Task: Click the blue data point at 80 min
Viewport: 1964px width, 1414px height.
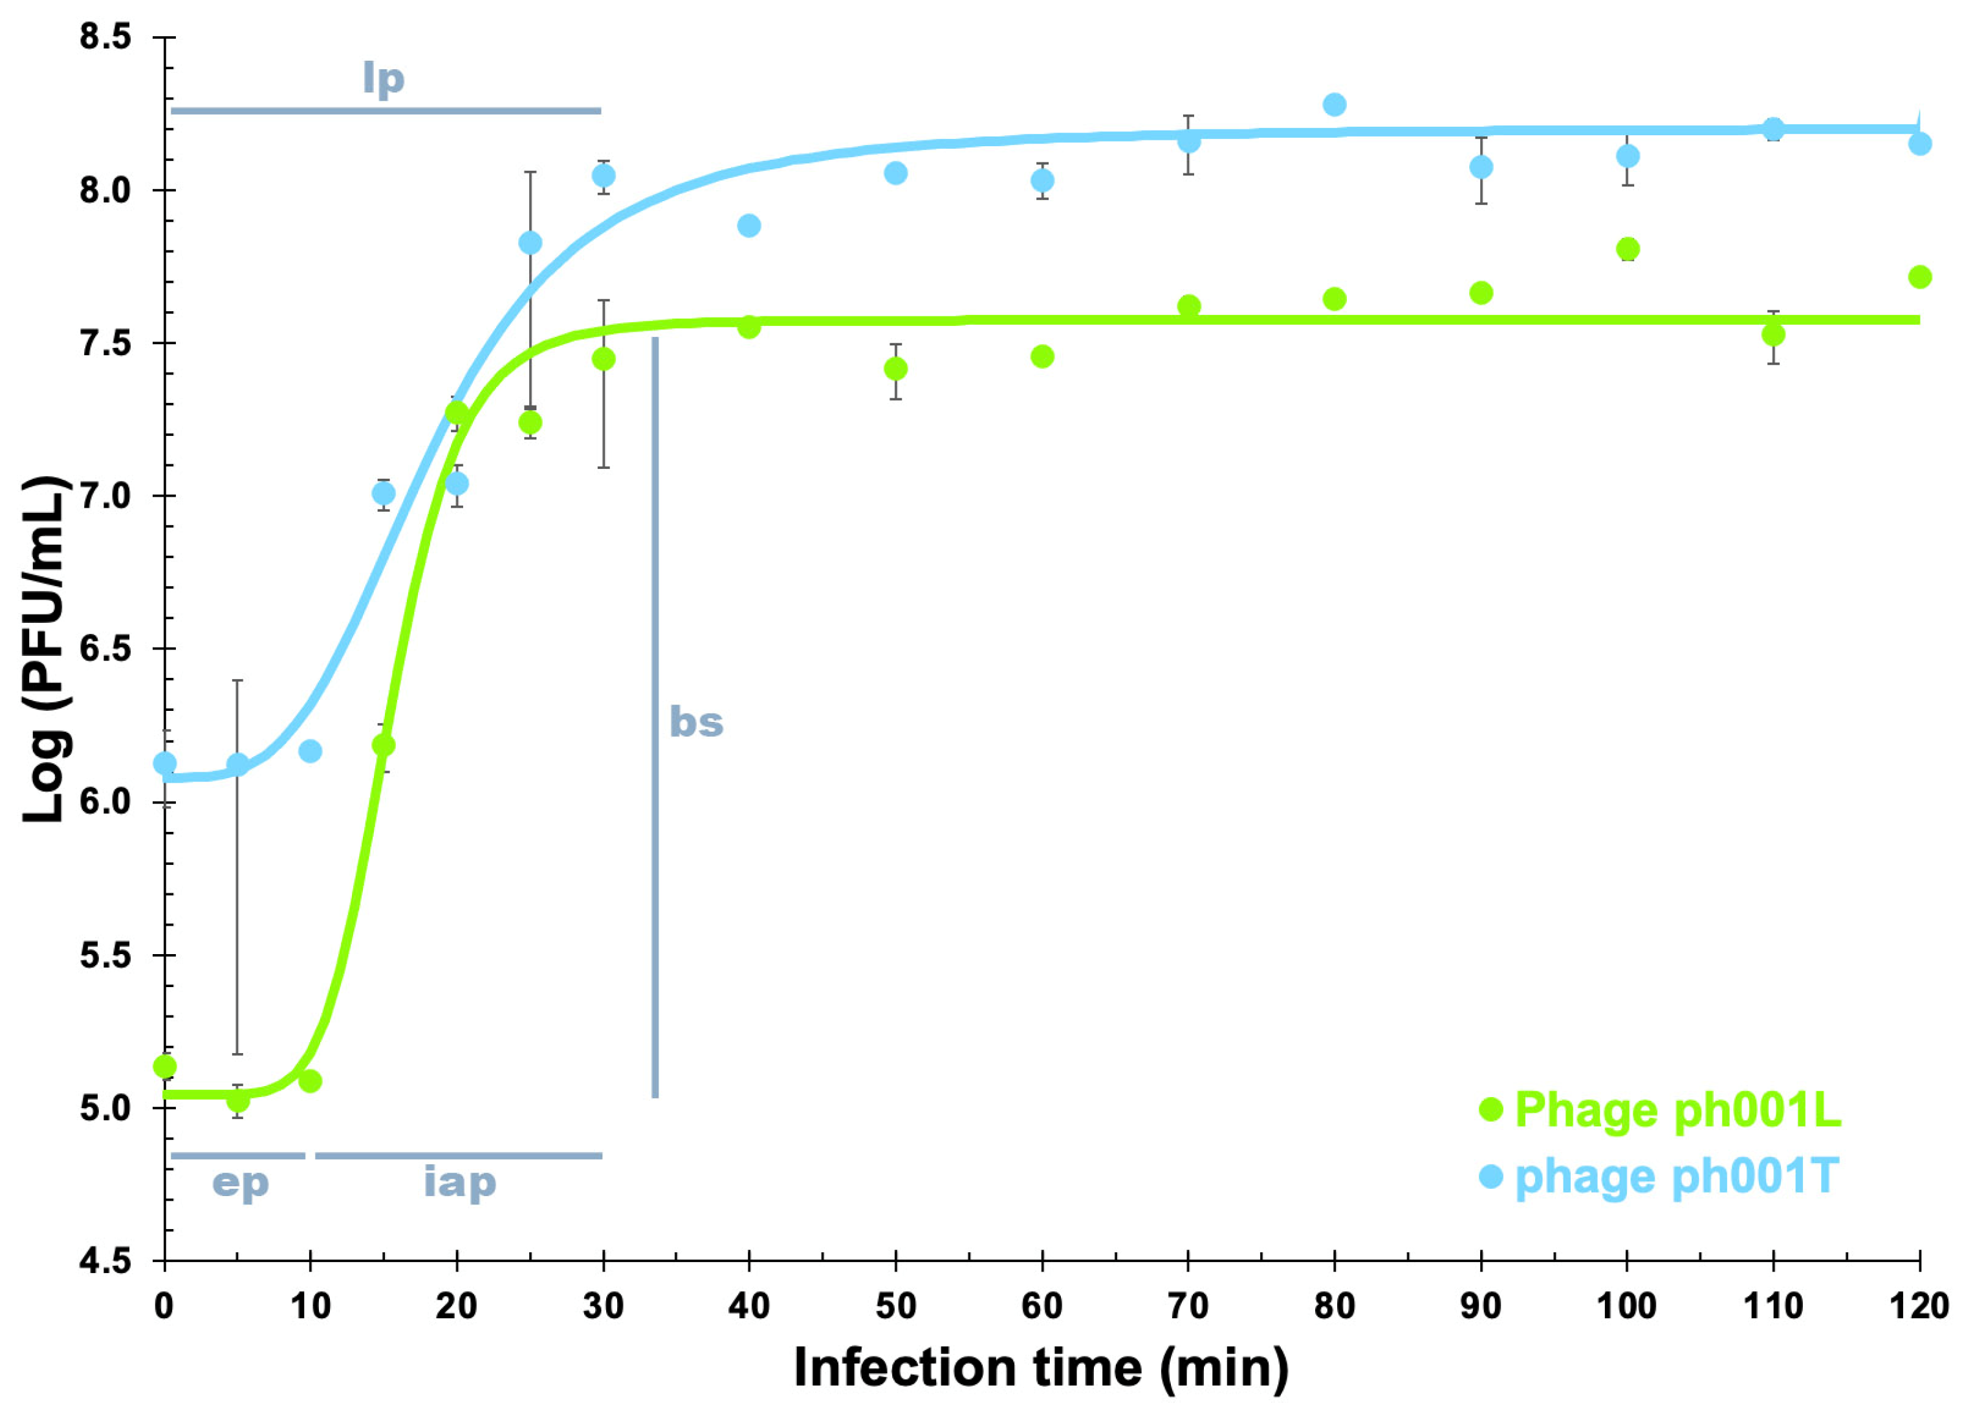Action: pyautogui.click(x=1335, y=105)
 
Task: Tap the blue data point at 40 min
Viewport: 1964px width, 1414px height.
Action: pyautogui.click(x=749, y=226)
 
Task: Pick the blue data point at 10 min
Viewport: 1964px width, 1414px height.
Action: pyautogui.click(x=310, y=752)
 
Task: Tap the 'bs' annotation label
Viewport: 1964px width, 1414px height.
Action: pyautogui.click(x=696, y=722)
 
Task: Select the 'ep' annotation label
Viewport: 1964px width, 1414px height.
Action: pyautogui.click(x=241, y=1184)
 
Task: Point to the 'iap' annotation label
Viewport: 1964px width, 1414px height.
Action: pyautogui.click(x=460, y=1184)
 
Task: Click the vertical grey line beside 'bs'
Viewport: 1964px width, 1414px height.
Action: pyautogui.click(x=655, y=719)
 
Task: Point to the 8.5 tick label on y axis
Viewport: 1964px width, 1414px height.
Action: pyautogui.click(x=105, y=38)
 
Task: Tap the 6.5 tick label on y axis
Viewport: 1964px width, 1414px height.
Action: pyautogui.click(x=105, y=649)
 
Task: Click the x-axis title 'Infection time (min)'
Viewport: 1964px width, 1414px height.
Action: pyautogui.click(x=1042, y=1369)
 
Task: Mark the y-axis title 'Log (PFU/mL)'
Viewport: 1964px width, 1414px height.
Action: pyautogui.click(x=45, y=649)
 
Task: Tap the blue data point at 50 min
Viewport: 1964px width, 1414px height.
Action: pyautogui.click(x=895, y=173)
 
